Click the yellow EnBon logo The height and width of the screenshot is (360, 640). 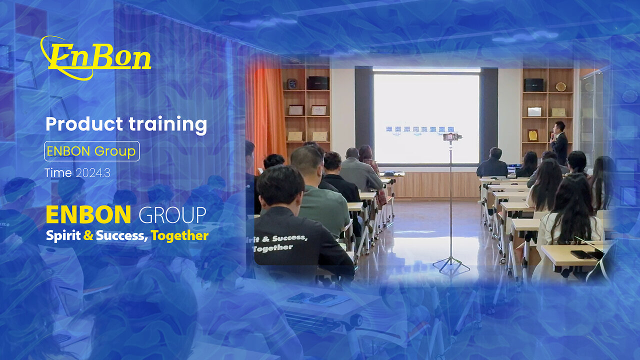(x=95, y=57)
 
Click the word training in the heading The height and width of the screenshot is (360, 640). (x=167, y=125)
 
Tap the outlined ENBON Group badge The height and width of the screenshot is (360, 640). (x=92, y=151)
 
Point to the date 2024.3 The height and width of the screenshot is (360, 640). (x=93, y=173)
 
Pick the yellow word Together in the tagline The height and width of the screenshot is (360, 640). (x=179, y=236)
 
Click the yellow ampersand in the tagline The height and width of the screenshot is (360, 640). (x=88, y=235)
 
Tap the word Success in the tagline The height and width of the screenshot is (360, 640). (x=121, y=235)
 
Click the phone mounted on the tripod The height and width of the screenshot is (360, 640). (x=451, y=137)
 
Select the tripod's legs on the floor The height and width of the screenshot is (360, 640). (x=451, y=264)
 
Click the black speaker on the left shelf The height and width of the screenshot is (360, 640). (x=318, y=83)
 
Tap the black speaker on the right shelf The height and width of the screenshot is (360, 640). (x=533, y=85)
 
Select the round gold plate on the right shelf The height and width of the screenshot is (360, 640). (x=560, y=86)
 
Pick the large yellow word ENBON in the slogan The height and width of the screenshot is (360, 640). (x=88, y=215)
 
